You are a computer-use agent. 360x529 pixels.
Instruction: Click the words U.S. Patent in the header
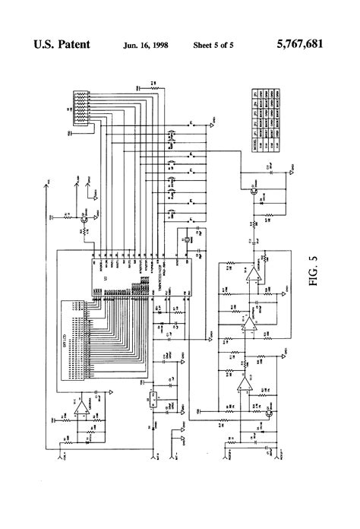[62, 45]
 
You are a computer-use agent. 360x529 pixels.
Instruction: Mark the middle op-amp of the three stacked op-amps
[246, 328]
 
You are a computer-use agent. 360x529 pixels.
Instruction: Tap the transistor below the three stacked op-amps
[268, 413]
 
